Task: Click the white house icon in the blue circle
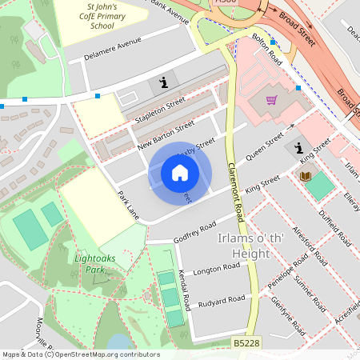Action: click(x=180, y=173)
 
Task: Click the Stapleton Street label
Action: click(x=160, y=107)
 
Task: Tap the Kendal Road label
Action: click(x=185, y=291)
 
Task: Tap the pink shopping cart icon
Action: click(x=271, y=100)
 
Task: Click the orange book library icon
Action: click(x=305, y=176)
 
